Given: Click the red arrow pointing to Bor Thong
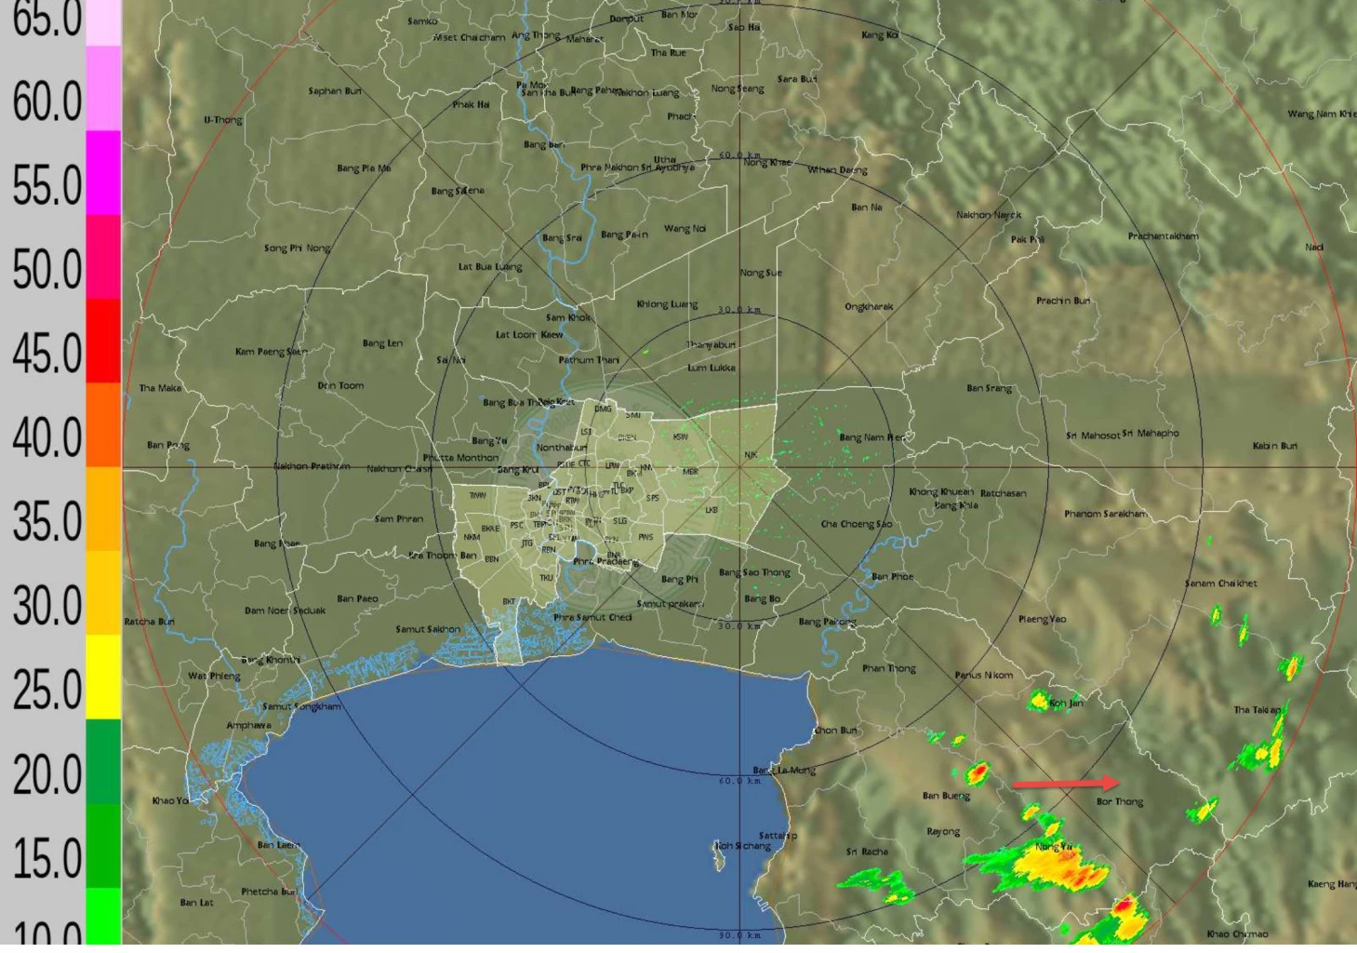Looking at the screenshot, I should (1066, 784).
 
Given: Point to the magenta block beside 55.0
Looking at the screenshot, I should (103, 173).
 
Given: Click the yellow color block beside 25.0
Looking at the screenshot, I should (103, 677).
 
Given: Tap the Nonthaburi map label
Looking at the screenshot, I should (562, 448).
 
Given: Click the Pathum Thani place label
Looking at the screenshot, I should (589, 360).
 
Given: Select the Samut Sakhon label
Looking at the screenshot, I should (428, 629).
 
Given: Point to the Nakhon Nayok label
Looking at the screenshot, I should (989, 215).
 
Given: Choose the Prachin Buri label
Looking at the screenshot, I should (1063, 301).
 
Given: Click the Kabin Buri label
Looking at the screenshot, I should (1274, 446).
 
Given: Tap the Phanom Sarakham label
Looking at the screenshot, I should (1106, 514).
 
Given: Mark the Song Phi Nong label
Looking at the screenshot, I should (297, 248).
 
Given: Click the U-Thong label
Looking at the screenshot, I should (223, 120).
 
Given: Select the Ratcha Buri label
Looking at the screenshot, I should (149, 622).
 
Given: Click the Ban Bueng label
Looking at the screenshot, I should (946, 796).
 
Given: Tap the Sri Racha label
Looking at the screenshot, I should (867, 852).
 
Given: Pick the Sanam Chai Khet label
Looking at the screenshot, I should (1220, 584).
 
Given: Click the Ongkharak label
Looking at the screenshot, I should (869, 307).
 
